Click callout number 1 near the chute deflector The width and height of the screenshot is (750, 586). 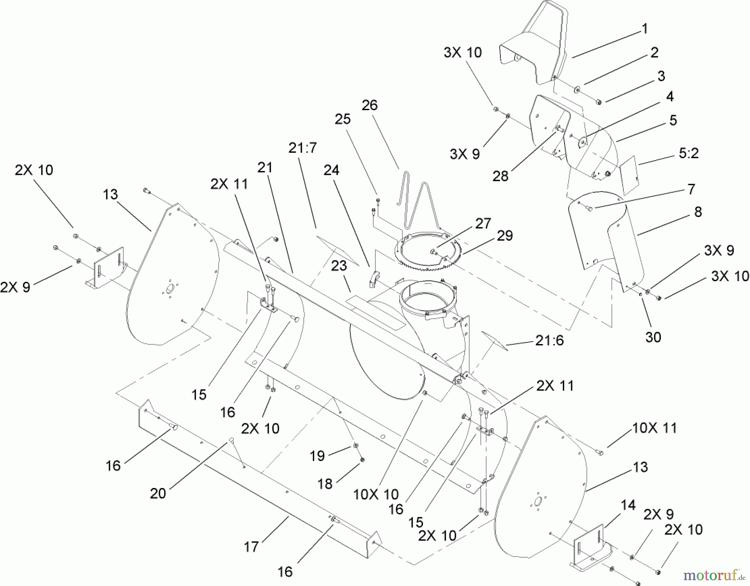click(x=645, y=29)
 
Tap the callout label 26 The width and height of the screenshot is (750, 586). click(x=370, y=105)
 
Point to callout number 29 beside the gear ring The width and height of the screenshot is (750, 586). click(x=505, y=236)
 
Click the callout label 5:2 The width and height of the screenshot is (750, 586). click(x=688, y=153)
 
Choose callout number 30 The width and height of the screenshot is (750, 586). click(x=653, y=337)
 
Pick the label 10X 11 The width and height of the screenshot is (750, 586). click(x=655, y=428)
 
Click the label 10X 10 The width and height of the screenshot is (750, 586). click(x=376, y=494)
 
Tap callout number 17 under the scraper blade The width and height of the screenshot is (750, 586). click(x=251, y=546)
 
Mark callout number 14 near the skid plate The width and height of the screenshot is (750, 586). click(x=628, y=506)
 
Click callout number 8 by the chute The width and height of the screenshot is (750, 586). click(x=698, y=212)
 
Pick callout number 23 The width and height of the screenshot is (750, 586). click(x=339, y=266)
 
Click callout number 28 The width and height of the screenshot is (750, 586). click(x=500, y=176)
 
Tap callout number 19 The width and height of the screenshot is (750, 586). click(x=317, y=455)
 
